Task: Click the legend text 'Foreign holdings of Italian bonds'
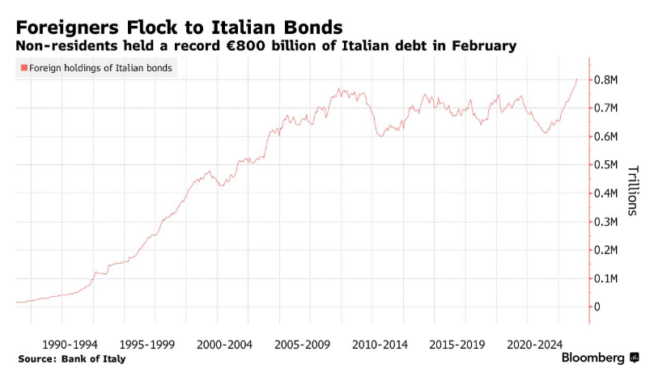click(100, 69)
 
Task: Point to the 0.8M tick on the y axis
click(606, 79)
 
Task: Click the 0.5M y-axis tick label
click(606, 164)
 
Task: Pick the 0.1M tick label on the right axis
click(606, 278)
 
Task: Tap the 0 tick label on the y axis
click(597, 307)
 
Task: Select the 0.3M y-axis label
click(606, 222)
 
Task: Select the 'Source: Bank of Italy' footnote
click(71, 358)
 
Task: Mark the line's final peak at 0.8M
click(576, 79)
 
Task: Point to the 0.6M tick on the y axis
click(606, 136)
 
